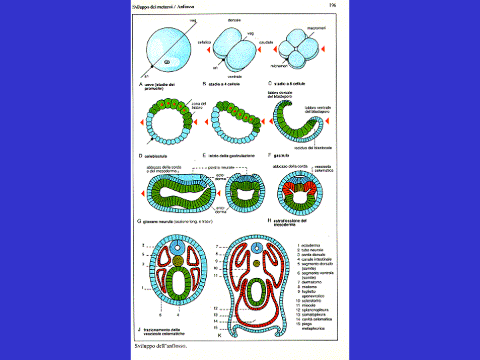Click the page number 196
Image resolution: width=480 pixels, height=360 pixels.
pos(333,5)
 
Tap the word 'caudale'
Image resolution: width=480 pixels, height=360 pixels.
pos(266,41)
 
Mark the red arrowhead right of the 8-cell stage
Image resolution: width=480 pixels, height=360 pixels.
pos(324,50)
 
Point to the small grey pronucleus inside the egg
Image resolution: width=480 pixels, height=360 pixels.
pos(166,62)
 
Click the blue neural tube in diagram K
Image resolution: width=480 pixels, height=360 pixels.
pos(257,249)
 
